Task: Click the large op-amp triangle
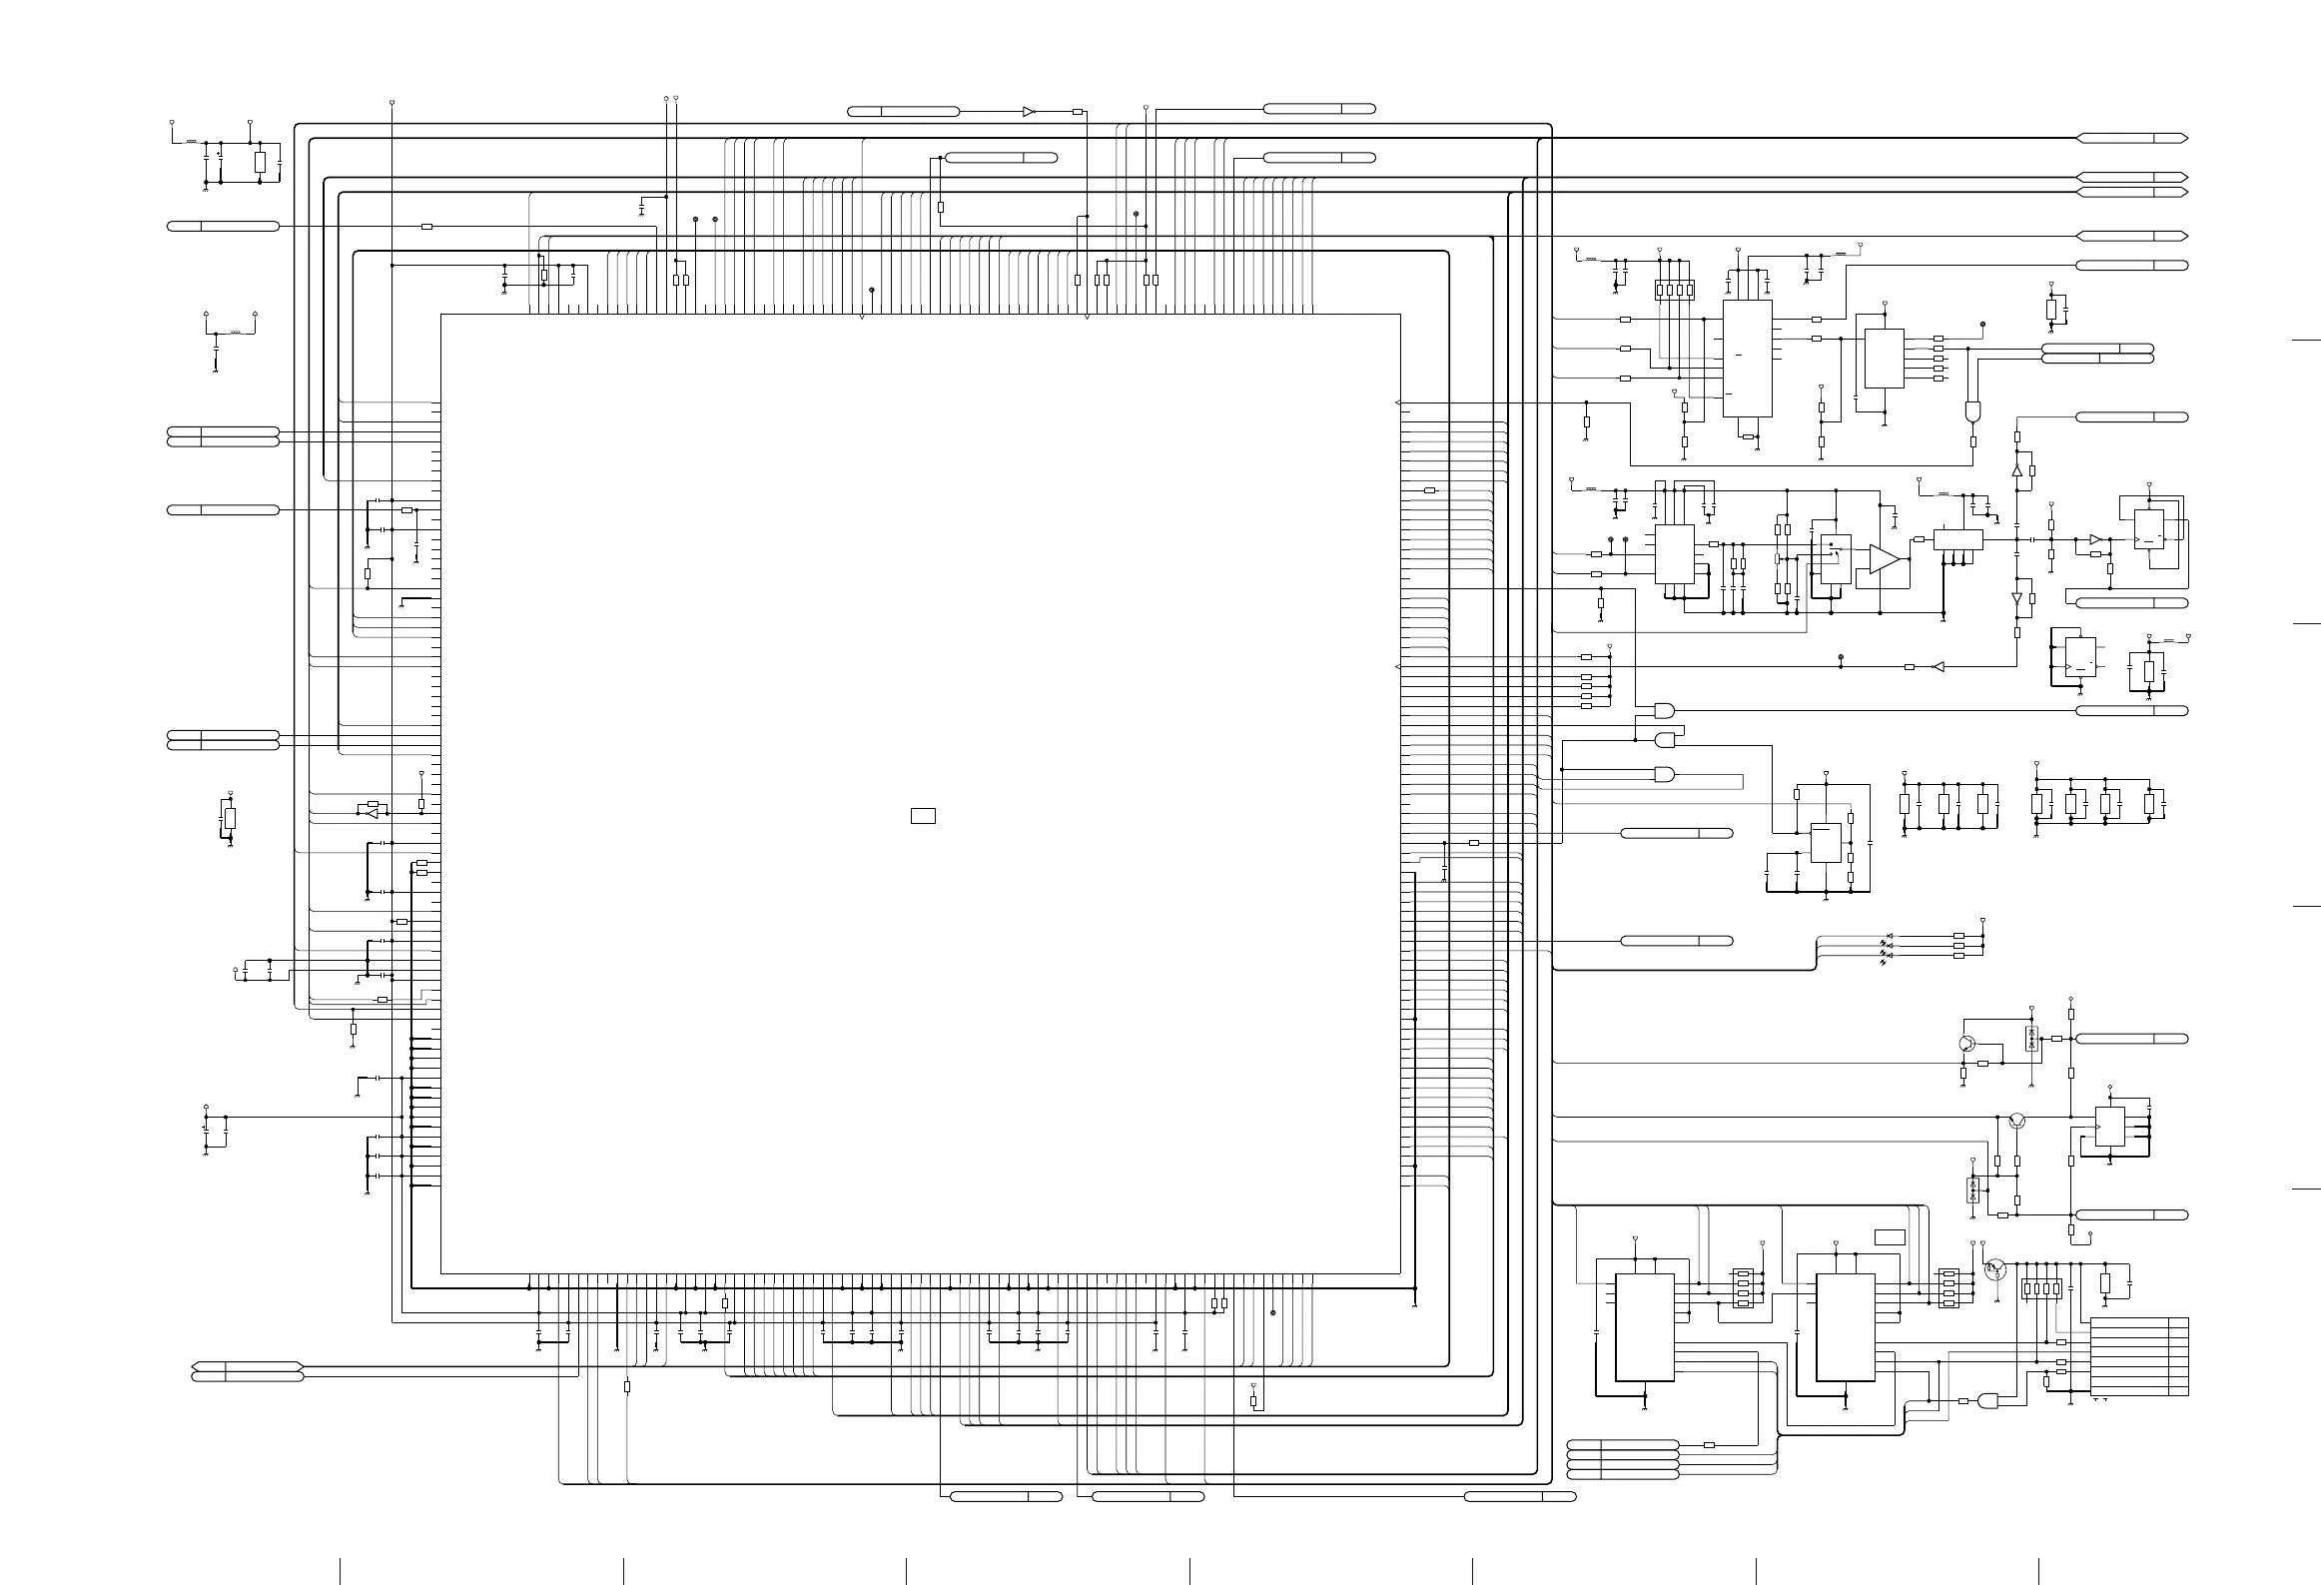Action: (1884, 560)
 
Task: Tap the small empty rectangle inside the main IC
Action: (923, 816)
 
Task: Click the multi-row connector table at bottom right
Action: (2139, 1357)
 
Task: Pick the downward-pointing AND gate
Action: (1972, 411)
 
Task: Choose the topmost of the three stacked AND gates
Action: (1664, 710)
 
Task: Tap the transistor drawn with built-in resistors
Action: (1995, 1268)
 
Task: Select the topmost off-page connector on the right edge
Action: (2132, 138)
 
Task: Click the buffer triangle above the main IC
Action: (1030, 112)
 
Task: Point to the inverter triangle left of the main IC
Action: (373, 814)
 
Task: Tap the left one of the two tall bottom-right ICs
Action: (1644, 1328)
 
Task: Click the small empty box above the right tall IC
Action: (1890, 1237)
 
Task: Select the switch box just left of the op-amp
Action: (1836, 559)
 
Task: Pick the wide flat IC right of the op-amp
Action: (1957, 539)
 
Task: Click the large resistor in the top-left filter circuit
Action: (260, 163)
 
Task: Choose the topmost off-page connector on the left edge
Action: (222, 227)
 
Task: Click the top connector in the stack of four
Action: (1623, 1444)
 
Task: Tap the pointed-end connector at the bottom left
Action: (247, 1365)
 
